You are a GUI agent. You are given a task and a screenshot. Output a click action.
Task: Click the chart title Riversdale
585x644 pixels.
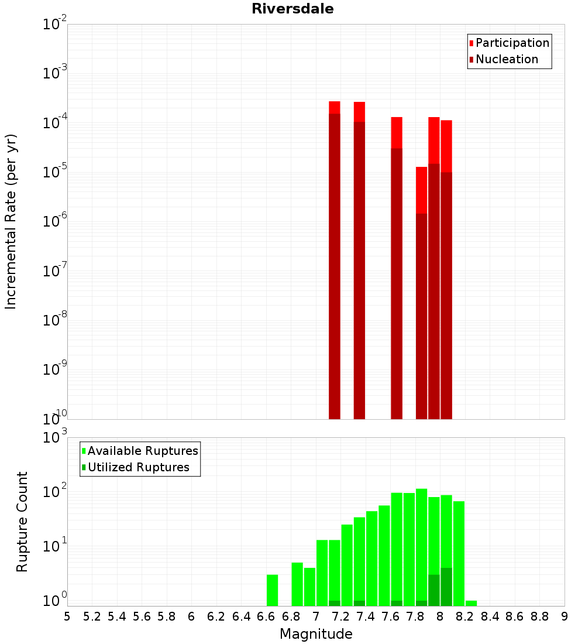coord(292,9)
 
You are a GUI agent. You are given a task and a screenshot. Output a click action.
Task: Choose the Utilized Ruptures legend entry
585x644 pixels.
coord(138,467)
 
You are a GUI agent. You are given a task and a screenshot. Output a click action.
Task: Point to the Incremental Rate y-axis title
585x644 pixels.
coord(11,221)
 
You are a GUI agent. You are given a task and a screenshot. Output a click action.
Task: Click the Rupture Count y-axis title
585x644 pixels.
coord(22,521)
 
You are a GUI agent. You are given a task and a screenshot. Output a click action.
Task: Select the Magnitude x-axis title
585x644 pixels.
coord(316,634)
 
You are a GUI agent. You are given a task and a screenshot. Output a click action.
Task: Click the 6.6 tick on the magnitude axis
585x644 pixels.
coord(266,616)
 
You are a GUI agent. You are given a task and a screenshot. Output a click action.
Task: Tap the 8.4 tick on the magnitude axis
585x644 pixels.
coord(490,616)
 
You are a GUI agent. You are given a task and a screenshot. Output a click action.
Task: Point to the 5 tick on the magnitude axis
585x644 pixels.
coord(67,616)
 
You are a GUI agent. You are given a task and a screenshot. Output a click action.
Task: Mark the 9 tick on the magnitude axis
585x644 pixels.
coord(565,616)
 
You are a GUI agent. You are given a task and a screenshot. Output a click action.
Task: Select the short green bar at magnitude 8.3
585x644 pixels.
coord(471,603)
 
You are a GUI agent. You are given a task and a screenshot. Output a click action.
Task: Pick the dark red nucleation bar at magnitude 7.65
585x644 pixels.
coord(397,281)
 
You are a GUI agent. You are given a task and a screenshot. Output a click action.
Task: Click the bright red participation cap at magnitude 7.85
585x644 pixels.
coord(421,190)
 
